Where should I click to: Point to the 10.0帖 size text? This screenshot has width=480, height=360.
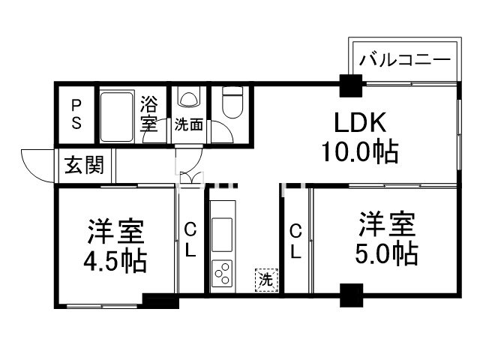(x=359, y=152)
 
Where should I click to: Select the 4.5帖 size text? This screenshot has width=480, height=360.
(x=115, y=260)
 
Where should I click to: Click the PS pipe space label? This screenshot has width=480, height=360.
(x=76, y=114)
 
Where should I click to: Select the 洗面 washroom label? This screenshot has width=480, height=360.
(x=188, y=125)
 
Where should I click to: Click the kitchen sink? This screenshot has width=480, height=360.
(x=223, y=232)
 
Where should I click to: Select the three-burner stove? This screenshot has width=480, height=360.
(x=223, y=273)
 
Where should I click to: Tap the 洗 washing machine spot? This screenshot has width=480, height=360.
(x=266, y=280)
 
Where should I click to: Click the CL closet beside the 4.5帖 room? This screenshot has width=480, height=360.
(x=190, y=240)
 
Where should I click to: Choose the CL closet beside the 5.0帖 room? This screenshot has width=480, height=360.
(x=295, y=240)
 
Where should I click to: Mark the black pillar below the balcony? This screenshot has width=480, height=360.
(x=349, y=86)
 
